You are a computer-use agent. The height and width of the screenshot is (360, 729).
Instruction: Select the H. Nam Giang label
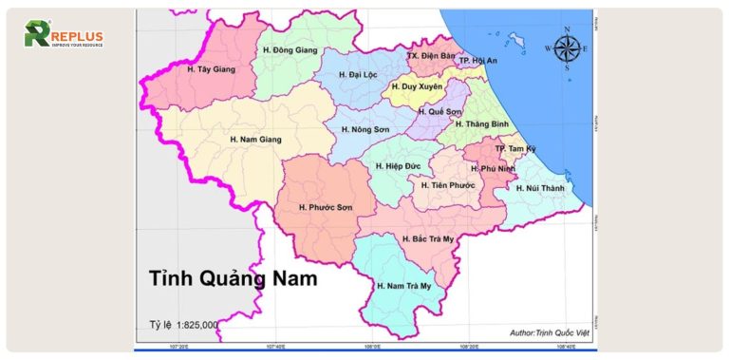255,140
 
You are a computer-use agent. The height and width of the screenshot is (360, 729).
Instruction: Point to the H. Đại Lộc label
364,73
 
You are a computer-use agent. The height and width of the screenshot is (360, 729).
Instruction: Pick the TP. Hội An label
478,61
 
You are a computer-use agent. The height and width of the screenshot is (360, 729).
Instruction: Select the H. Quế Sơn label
439,111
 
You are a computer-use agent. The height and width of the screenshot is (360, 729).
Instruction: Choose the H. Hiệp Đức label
398,166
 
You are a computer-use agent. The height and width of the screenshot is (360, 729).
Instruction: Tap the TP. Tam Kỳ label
514,150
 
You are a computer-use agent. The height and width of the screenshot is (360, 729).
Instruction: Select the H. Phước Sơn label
325,207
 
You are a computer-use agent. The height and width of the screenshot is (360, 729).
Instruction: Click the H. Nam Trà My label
403,286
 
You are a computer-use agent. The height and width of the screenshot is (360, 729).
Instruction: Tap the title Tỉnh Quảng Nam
232,279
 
